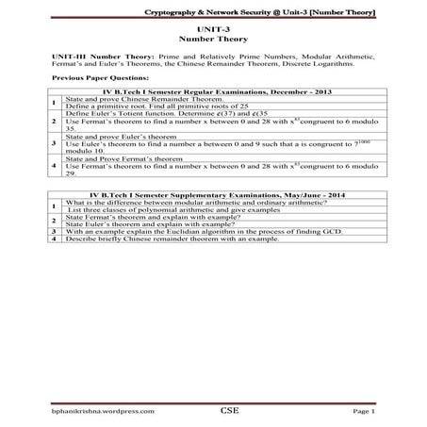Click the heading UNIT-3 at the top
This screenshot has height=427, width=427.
[x=214, y=32]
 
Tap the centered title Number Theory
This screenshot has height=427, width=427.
[x=214, y=41]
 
